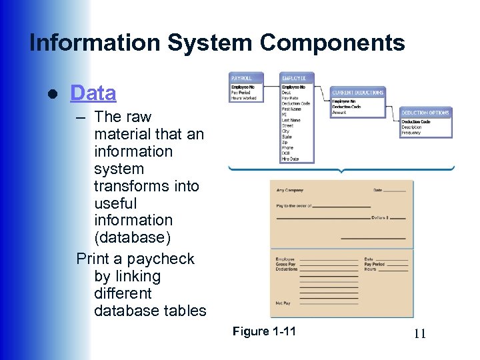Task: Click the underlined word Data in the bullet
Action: [x=93, y=93]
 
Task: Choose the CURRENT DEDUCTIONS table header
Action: [x=358, y=93]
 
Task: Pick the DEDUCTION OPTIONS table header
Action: [x=425, y=113]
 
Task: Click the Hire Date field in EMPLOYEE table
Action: [x=290, y=159]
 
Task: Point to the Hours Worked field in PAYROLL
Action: [x=244, y=98]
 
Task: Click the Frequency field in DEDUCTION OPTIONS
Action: [x=411, y=133]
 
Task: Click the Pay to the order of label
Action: [x=294, y=206]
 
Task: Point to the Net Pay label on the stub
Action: [x=283, y=303]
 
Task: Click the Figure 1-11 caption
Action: [x=264, y=332]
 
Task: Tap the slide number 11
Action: [x=419, y=334]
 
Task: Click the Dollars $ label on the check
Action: [x=379, y=218]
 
